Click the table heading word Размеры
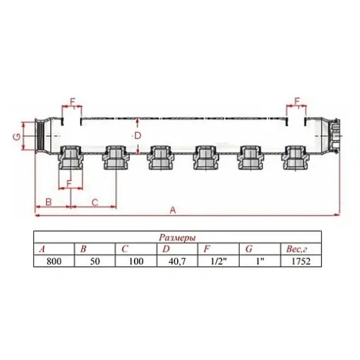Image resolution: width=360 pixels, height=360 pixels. (x=177, y=237)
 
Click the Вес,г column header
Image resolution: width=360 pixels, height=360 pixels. (x=295, y=248)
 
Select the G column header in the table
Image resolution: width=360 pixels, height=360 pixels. (x=248, y=248)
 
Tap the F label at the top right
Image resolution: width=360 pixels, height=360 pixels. (x=296, y=100)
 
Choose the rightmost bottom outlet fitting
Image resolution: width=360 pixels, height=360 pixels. (x=294, y=158)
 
